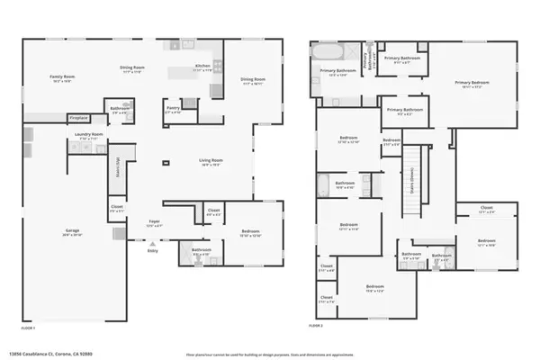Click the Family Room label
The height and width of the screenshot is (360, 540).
[62, 78]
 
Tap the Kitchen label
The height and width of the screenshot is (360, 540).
[204, 67]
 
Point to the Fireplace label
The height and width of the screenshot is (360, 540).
[78, 117]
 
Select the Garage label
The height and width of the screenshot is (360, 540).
[72, 231]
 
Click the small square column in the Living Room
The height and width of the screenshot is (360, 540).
[165, 163]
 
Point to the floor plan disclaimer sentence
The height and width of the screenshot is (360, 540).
[270, 354]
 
